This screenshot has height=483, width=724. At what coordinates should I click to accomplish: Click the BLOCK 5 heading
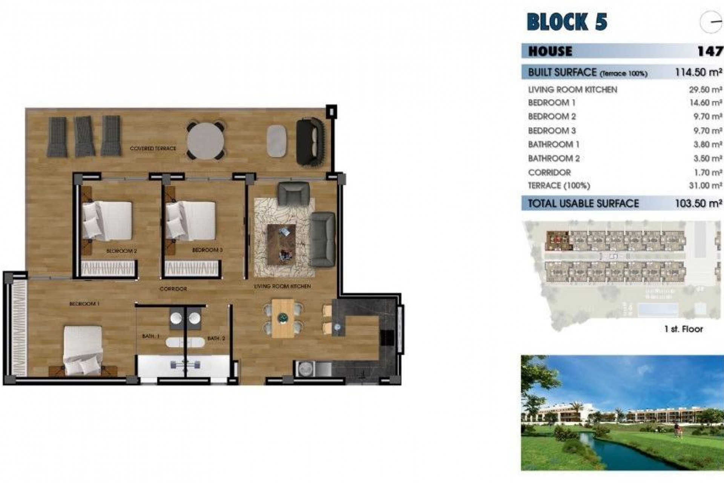tap(567, 22)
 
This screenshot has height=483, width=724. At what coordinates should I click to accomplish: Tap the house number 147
tap(710, 51)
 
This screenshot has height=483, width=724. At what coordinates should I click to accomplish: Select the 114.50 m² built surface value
tap(698, 72)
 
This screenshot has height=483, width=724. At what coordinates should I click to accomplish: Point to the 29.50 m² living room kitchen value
tap(705, 90)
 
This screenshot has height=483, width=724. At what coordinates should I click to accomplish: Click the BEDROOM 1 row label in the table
tap(552, 103)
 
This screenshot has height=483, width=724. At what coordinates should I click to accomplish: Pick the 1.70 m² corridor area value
tap(708, 172)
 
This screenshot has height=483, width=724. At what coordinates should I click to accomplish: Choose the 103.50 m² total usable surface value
tap(698, 203)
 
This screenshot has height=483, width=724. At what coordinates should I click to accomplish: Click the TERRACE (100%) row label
tap(559, 186)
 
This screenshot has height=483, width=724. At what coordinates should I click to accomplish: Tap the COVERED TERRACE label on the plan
tap(153, 149)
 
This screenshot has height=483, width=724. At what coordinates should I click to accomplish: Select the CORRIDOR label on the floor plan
tap(173, 289)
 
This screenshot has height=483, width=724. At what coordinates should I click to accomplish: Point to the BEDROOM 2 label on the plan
tap(121, 251)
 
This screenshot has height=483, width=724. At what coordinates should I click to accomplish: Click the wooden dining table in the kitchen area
tap(282, 318)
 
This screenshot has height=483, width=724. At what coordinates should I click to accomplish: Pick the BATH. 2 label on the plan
tap(216, 338)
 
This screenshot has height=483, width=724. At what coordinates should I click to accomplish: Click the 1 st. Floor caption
tap(683, 329)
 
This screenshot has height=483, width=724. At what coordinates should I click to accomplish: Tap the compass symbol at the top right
tap(711, 22)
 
